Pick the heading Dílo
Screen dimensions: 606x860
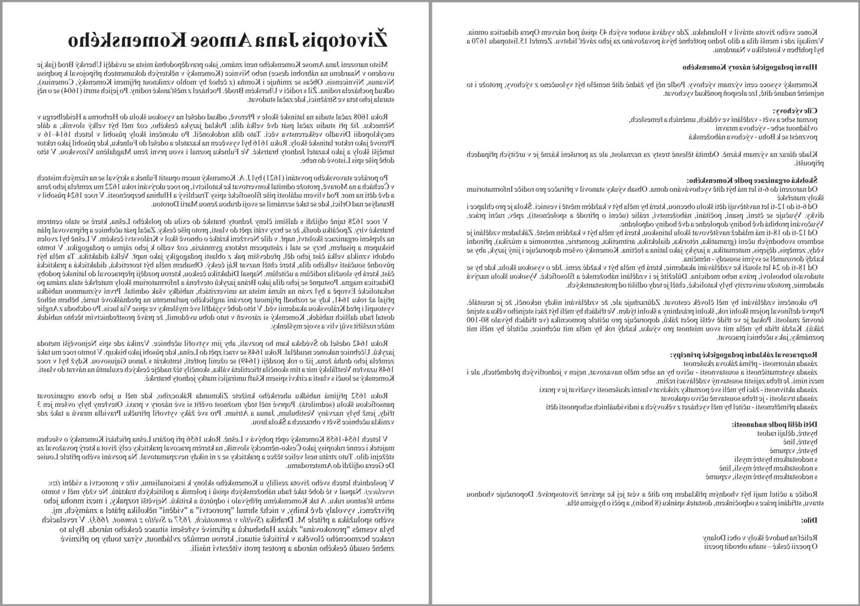[x=809, y=520]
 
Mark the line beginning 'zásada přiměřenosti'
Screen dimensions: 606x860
[x=682, y=407]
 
